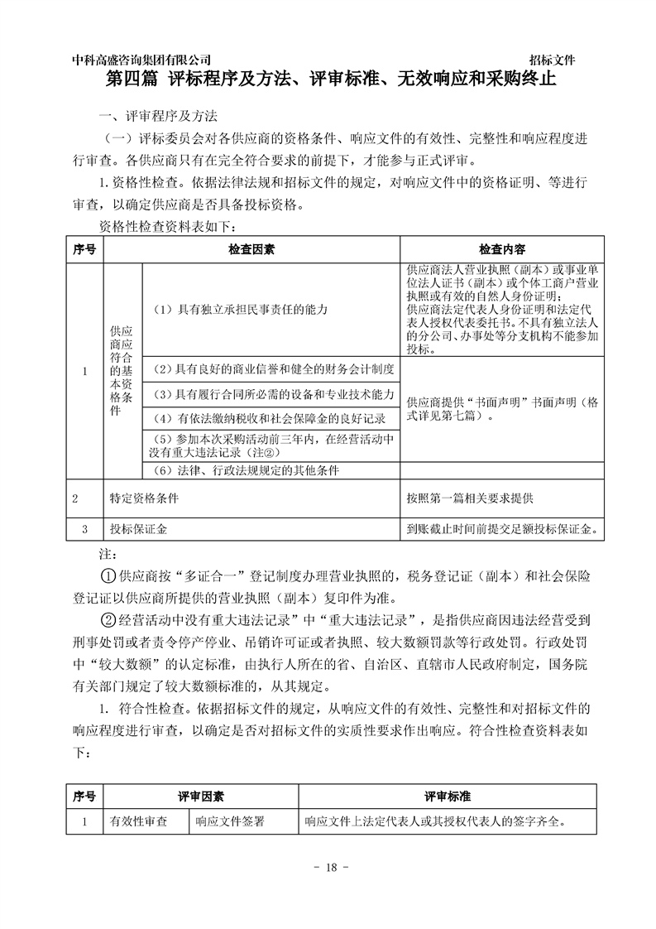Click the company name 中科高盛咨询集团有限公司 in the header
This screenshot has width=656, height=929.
point(141,60)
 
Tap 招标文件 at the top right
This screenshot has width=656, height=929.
point(553,60)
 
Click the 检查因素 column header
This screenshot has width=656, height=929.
point(251,249)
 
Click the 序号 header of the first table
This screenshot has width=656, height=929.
point(84,249)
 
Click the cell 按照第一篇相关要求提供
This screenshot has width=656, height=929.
point(470,499)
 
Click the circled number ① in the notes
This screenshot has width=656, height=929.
point(107,575)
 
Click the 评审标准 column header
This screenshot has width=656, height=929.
point(448,796)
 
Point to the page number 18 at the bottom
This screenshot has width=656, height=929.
point(328,867)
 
